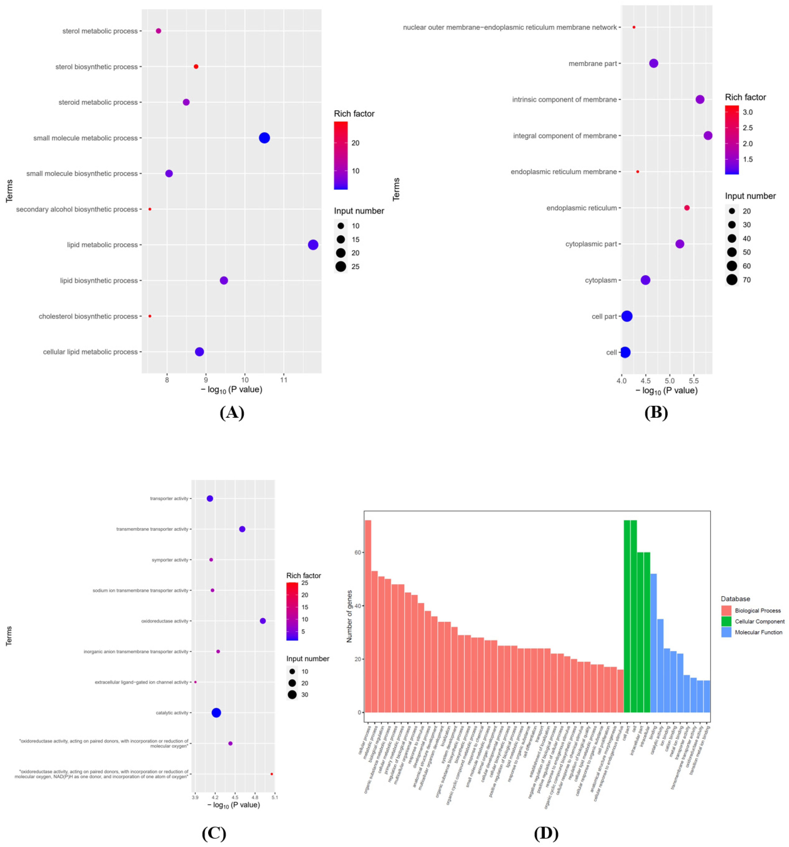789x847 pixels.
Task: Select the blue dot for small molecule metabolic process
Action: (x=264, y=138)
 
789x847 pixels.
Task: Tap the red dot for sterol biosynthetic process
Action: (x=196, y=66)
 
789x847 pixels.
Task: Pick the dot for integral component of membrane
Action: (x=708, y=135)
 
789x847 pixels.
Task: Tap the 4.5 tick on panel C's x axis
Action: (x=235, y=797)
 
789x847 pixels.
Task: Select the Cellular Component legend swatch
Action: (x=726, y=621)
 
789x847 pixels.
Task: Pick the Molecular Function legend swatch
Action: (x=726, y=632)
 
